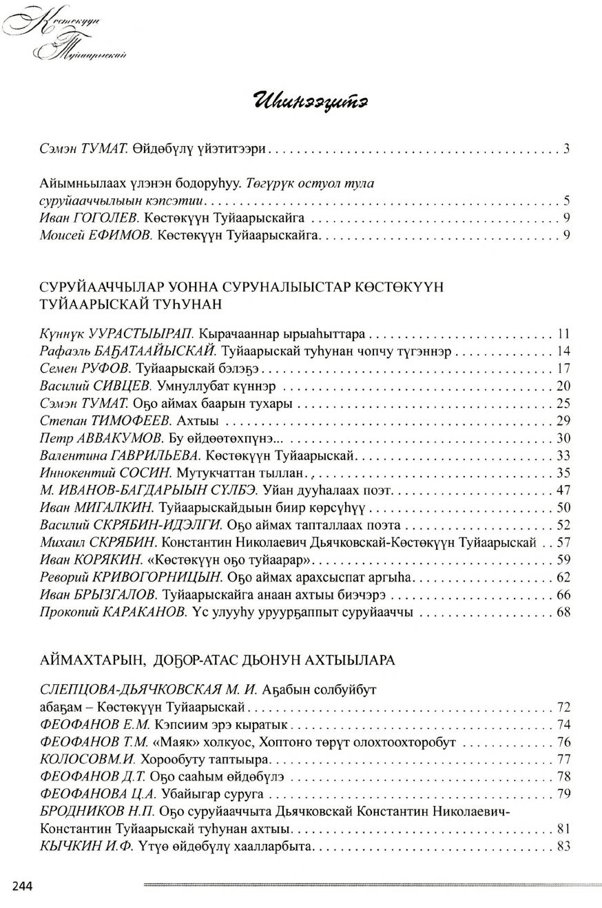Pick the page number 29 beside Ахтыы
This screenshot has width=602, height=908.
(563, 420)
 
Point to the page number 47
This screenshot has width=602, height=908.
(563, 491)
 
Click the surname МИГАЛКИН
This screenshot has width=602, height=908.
(111, 508)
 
